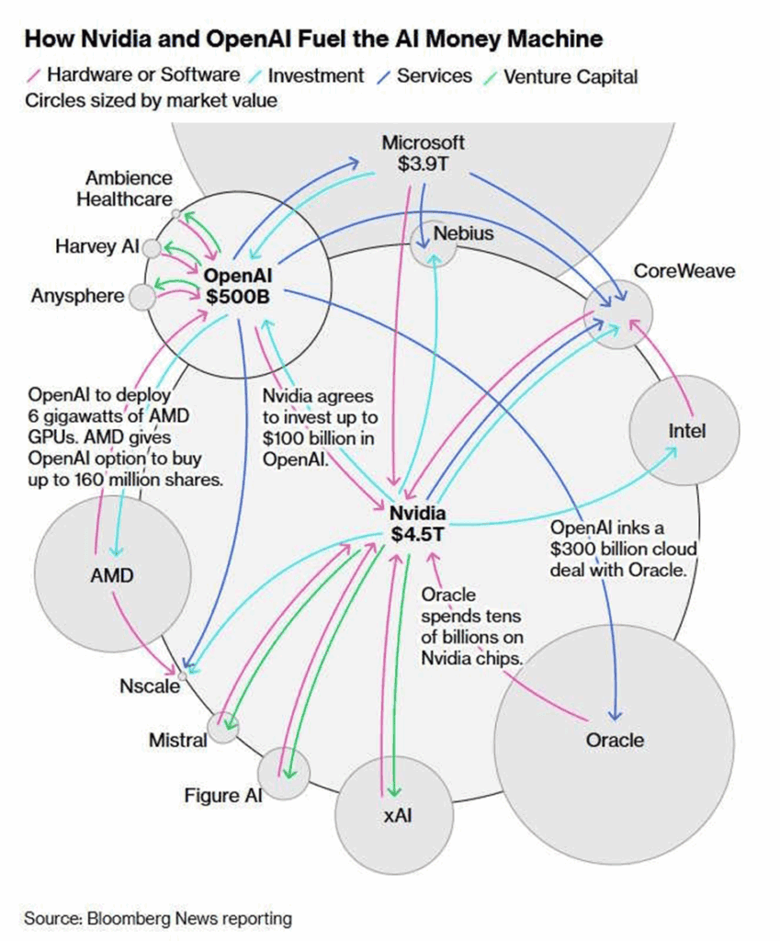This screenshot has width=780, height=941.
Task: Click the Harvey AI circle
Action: pyautogui.click(x=153, y=248)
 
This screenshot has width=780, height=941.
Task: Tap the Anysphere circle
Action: pyautogui.click(x=141, y=297)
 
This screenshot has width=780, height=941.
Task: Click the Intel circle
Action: pyautogui.click(x=684, y=429)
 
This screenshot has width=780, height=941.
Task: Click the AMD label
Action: pyautogui.click(x=111, y=577)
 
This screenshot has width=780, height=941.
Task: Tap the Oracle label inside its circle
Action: pyautogui.click(x=614, y=740)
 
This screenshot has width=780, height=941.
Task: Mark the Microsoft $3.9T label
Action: pyautogui.click(x=423, y=153)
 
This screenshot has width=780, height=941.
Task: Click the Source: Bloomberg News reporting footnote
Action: pyautogui.click(x=158, y=918)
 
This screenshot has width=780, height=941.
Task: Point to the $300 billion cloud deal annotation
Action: pyautogui.click(x=623, y=550)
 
